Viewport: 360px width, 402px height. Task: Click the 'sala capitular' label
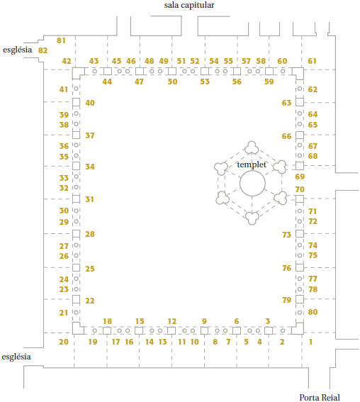[x=189, y=6]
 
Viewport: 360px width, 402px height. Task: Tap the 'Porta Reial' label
[x=320, y=397]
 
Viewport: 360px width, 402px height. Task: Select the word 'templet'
[x=252, y=164]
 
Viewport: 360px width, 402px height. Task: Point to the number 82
[x=43, y=50]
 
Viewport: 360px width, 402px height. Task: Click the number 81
[x=61, y=40]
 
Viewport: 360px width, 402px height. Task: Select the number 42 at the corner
[x=67, y=61]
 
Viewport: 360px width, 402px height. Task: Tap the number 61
[x=312, y=61]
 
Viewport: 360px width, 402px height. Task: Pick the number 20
[x=64, y=342]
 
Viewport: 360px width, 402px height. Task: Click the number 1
[x=310, y=342]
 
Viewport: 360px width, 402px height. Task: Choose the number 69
[x=300, y=177]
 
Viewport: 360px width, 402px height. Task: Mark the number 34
[x=90, y=167]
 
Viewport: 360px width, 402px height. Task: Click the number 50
[x=172, y=82]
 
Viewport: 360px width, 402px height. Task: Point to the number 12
[x=172, y=321]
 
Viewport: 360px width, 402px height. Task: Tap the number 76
[x=287, y=268]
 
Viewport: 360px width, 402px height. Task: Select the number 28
[x=90, y=234]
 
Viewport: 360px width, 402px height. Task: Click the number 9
[x=204, y=321]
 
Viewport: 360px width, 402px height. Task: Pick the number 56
[x=237, y=82]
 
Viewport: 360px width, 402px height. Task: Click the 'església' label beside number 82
[x=18, y=50]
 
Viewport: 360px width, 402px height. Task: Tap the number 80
[x=313, y=312]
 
